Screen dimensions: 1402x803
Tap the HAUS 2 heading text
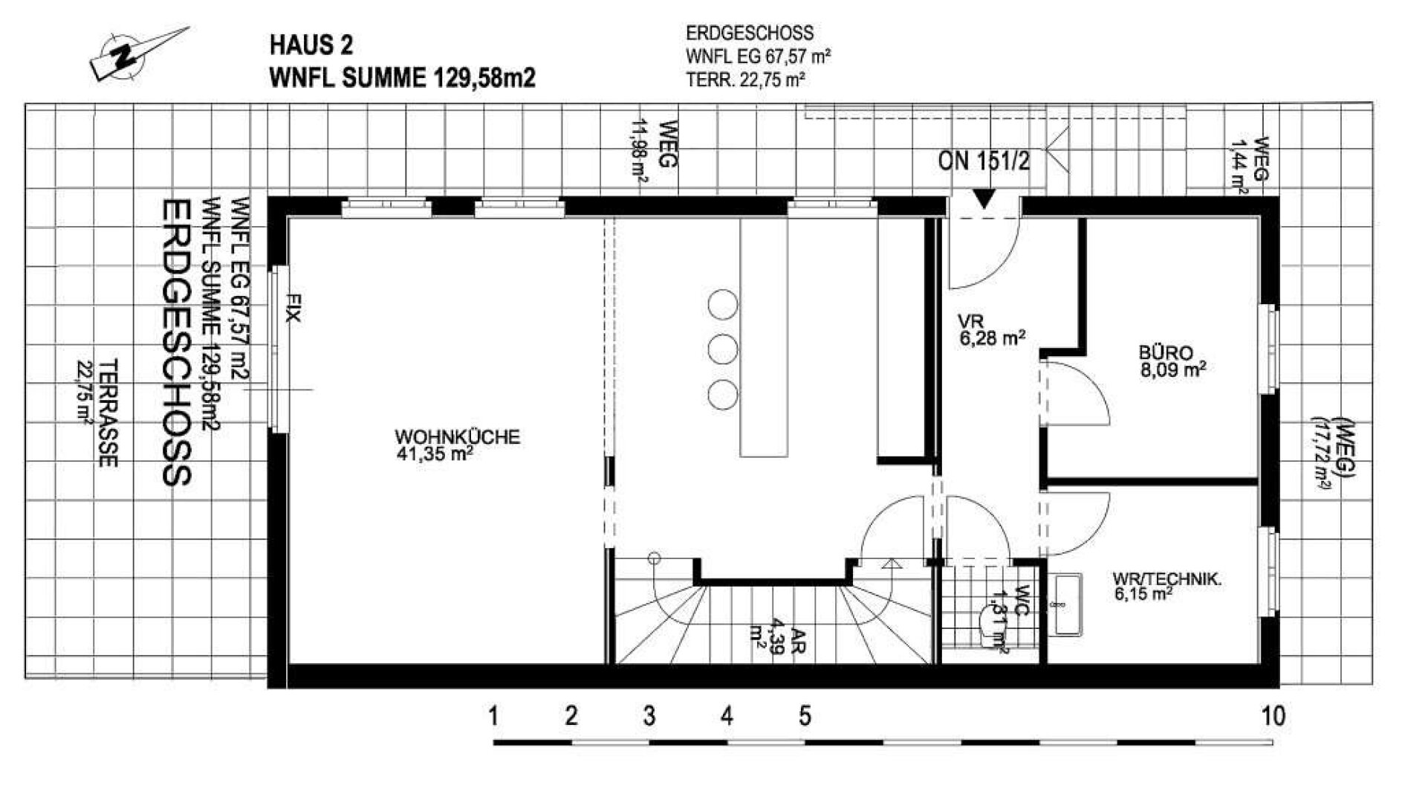[x=311, y=46]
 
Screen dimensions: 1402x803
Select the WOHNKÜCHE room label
[x=457, y=437]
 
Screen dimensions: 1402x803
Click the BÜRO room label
[x=1166, y=353]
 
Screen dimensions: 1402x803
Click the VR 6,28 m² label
[x=991, y=330]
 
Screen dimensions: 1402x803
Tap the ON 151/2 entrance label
[x=984, y=161]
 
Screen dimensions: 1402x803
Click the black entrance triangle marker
[x=984, y=199]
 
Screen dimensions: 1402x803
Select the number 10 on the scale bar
[x=1273, y=716]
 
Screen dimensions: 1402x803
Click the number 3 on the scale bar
[x=649, y=716]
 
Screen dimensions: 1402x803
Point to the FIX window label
[x=294, y=308]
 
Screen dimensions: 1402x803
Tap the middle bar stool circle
[x=722, y=349]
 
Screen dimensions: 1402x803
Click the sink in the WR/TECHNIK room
[x=1068, y=604]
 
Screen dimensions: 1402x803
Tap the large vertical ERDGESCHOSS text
[x=177, y=342]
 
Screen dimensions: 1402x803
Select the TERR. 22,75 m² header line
[x=745, y=80]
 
